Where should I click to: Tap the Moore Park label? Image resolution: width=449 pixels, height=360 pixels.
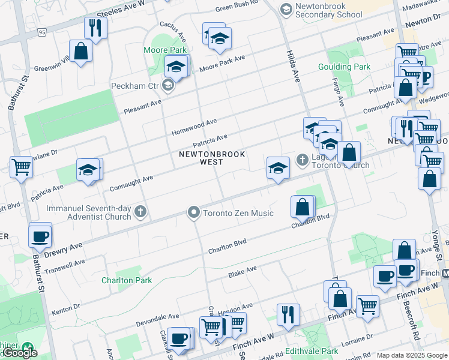pos(164,50)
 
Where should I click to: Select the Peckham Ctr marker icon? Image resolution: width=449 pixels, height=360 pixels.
pos(169,86)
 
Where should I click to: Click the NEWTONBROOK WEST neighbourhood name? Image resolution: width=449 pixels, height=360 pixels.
pos(212,158)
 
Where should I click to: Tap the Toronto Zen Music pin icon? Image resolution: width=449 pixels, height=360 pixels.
pos(193,212)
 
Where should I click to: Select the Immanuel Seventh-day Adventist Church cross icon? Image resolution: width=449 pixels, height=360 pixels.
pos(140,211)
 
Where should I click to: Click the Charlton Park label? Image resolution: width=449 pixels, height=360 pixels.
pos(127,280)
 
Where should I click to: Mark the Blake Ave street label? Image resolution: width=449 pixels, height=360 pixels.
pos(243,272)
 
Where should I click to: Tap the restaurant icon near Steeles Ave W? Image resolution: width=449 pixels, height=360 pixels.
pos(95,27)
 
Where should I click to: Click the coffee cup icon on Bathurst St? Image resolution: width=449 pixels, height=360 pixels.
pos(40,236)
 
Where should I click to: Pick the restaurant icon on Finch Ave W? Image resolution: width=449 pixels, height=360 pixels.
pos(288,314)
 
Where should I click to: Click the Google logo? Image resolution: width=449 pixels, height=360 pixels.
pos(19,353)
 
